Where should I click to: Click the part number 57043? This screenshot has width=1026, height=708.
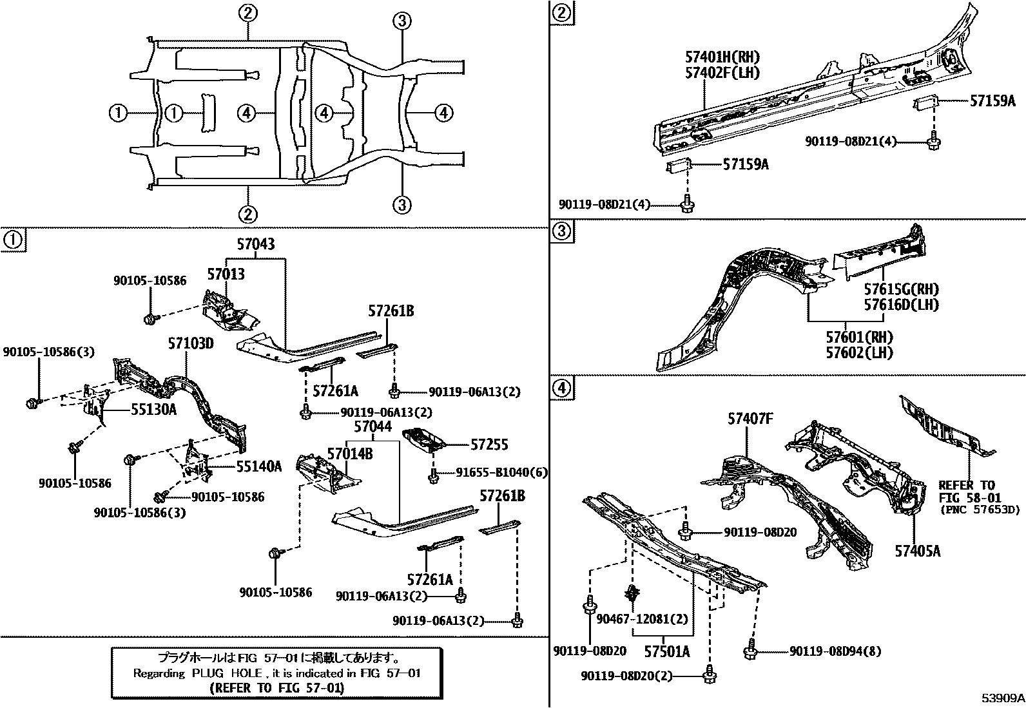pos(255,244)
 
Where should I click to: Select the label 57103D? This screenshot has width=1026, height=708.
pos(191,343)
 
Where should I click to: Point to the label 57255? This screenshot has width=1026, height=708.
pos(489,444)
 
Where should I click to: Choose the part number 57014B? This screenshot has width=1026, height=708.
pos(349,454)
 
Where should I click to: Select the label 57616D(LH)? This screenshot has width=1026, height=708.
pos(901,304)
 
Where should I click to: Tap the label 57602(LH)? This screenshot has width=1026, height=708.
pos(860,352)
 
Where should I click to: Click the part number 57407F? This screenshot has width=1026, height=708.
pos(750,419)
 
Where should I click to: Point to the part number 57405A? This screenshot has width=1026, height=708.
pos(917,550)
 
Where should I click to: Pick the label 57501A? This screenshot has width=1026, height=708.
pos(666,651)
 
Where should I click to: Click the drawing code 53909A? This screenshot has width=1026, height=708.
pos(1003,698)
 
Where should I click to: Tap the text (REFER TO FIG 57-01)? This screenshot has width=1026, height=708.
pos(276,687)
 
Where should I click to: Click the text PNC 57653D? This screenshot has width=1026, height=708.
pos(979,510)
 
